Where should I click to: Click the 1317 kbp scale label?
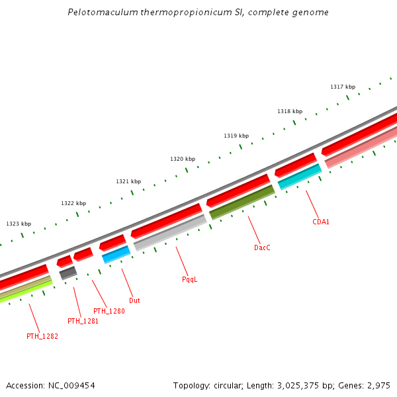(343, 87)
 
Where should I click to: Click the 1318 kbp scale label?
(290, 111)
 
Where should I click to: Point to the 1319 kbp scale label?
(236, 136)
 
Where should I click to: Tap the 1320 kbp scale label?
(183, 159)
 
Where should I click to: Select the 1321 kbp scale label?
(128, 181)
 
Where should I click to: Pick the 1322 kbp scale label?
(73, 203)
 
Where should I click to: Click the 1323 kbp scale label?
(19, 224)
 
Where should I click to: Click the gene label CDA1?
(321, 222)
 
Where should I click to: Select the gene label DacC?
(262, 247)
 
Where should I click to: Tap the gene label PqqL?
(190, 279)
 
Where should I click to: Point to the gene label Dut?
(134, 300)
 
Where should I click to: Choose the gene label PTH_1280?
(109, 311)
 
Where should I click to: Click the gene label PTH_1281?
(83, 321)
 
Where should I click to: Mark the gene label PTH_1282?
(42, 336)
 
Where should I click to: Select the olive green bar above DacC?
(242, 202)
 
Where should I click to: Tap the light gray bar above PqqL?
(170, 232)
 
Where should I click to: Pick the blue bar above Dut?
(116, 254)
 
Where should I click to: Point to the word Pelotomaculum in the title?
(99, 13)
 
